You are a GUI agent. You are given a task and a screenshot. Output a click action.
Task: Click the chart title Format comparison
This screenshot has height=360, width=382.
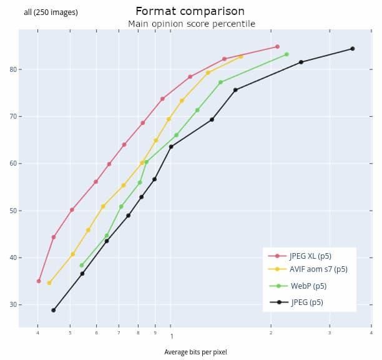click(190, 11)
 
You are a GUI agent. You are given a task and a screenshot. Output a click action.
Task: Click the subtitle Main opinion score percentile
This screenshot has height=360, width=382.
click(191, 24)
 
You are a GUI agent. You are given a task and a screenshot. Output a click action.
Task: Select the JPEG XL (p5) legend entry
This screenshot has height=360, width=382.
click(310, 256)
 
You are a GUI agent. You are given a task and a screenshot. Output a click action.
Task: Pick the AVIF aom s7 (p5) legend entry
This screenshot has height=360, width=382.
click(318, 269)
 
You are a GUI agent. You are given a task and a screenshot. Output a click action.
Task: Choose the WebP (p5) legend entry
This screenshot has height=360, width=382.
click(308, 286)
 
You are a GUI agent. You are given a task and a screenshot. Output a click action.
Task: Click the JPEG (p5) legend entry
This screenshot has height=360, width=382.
click(306, 302)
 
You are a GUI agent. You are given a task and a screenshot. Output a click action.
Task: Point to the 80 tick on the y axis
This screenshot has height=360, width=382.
click(12, 69)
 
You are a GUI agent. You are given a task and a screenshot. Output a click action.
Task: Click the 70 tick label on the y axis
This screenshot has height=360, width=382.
click(12, 117)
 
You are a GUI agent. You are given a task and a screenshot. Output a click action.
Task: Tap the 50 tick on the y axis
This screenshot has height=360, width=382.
click(12, 211)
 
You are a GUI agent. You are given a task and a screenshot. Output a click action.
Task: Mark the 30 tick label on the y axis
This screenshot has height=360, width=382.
click(12, 305)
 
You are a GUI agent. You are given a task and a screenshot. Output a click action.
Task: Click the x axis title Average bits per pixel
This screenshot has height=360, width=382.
click(195, 352)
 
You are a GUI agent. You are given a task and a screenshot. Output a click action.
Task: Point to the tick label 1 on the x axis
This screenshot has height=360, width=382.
click(172, 336)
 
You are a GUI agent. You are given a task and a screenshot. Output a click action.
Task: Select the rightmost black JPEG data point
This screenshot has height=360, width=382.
click(352, 49)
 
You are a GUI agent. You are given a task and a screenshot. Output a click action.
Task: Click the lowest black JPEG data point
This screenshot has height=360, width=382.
click(53, 310)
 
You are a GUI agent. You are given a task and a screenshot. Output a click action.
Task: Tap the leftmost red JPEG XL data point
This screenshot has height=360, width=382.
click(39, 281)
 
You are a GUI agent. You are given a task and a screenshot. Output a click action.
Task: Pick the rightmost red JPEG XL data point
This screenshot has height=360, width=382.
click(277, 47)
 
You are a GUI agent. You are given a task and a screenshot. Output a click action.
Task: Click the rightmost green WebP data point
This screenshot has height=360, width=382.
click(286, 54)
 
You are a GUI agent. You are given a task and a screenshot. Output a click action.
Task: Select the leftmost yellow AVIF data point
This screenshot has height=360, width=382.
click(49, 283)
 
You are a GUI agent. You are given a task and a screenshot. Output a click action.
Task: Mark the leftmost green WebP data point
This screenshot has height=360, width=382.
click(81, 265)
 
